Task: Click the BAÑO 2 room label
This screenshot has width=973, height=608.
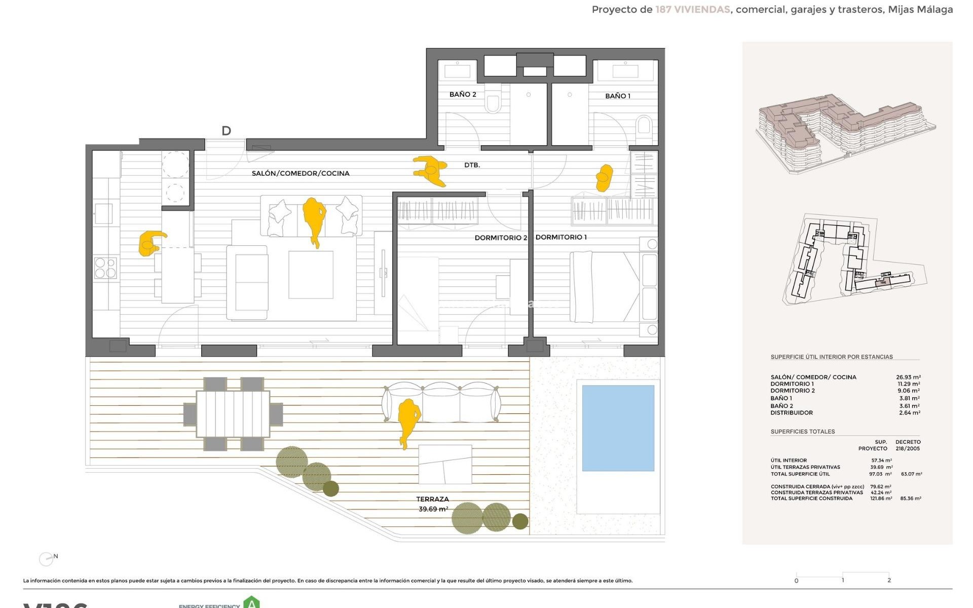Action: (x=463, y=94)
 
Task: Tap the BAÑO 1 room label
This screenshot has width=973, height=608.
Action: (x=618, y=96)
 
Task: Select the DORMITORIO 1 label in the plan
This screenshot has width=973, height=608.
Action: (x=561, y=237)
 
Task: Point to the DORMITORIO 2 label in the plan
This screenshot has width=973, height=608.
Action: (x=501, y=238)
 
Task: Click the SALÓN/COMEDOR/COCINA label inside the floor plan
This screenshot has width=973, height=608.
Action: (x=301, y=173)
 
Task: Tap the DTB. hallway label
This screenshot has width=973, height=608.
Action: (x=472, y=165)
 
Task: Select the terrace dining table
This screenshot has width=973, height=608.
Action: (x=233, y=413)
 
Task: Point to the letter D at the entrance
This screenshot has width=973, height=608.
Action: (x=226, y=131)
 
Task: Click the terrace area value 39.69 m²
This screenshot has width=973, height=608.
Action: (x=433, y=509)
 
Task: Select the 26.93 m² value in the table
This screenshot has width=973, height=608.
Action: (x=908, y=377)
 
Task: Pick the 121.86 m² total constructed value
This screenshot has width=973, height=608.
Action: (x=881, y=499)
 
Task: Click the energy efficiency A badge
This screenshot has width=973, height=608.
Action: (x=251, y=603)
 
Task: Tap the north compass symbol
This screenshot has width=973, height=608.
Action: (x=47, y=558)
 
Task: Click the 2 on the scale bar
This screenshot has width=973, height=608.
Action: (x=889, y=580)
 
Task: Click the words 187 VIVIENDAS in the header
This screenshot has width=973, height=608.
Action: (x=692, y=10)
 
